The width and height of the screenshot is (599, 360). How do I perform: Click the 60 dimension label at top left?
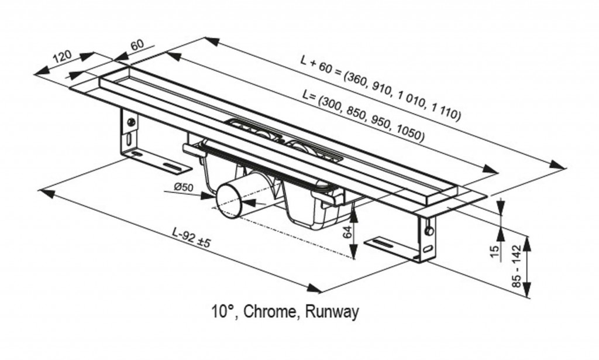(137, 45)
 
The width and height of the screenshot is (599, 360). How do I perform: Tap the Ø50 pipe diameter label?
(183, 188)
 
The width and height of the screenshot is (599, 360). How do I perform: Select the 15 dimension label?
(494, 251)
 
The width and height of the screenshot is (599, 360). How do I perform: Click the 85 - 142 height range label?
(515, 267)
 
